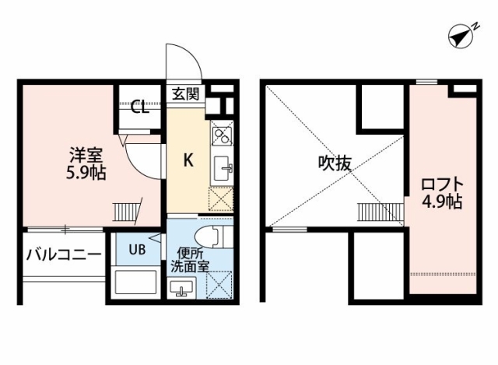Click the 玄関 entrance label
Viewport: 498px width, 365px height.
[186, 93]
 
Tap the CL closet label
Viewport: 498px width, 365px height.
[140, 107]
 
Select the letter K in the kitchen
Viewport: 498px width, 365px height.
[188, 160]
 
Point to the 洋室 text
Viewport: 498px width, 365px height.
[86, 156]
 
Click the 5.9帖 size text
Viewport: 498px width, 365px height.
[86, 173]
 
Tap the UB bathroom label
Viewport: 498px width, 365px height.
[137, 249]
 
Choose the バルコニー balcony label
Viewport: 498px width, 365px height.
[64, 254]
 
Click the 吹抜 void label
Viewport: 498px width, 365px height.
[335, 163]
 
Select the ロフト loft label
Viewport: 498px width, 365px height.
[442, 184]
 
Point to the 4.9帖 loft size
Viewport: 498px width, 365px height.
[442, 201]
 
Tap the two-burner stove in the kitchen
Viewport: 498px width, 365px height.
[221, 135]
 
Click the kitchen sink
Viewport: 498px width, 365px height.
[222, 168]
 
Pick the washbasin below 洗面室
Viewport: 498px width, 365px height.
[182, 287]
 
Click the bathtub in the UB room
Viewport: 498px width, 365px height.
[136, 282]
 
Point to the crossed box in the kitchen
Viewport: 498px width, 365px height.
[221, 199]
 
